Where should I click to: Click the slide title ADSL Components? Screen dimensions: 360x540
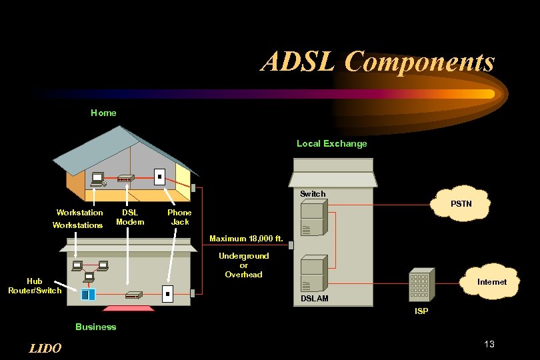(378, 62)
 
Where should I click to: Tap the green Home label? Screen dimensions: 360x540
(103, 113)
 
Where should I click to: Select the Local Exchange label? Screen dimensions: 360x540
(331, 143)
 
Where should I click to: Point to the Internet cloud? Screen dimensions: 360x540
(491, 282)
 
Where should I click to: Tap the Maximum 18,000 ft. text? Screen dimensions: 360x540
(246, 238)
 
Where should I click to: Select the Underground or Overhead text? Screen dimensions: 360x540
(243, 265)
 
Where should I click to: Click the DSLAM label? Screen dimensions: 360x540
(314, 299)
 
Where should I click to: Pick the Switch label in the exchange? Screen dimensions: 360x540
(313, 194)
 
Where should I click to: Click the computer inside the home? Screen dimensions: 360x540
(98, 179)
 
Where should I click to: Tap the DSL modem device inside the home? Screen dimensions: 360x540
(125, 179)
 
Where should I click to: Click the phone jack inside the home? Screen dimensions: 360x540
(159, 177)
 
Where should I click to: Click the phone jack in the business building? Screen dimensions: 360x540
(168, 293)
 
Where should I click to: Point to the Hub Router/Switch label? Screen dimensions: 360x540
(35, 286)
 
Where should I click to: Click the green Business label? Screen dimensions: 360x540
(95, 327)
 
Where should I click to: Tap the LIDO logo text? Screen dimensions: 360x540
(46, 348)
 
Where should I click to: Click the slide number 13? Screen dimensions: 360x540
(489, 344)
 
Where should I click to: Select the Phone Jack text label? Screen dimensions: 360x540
(179, 217)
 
